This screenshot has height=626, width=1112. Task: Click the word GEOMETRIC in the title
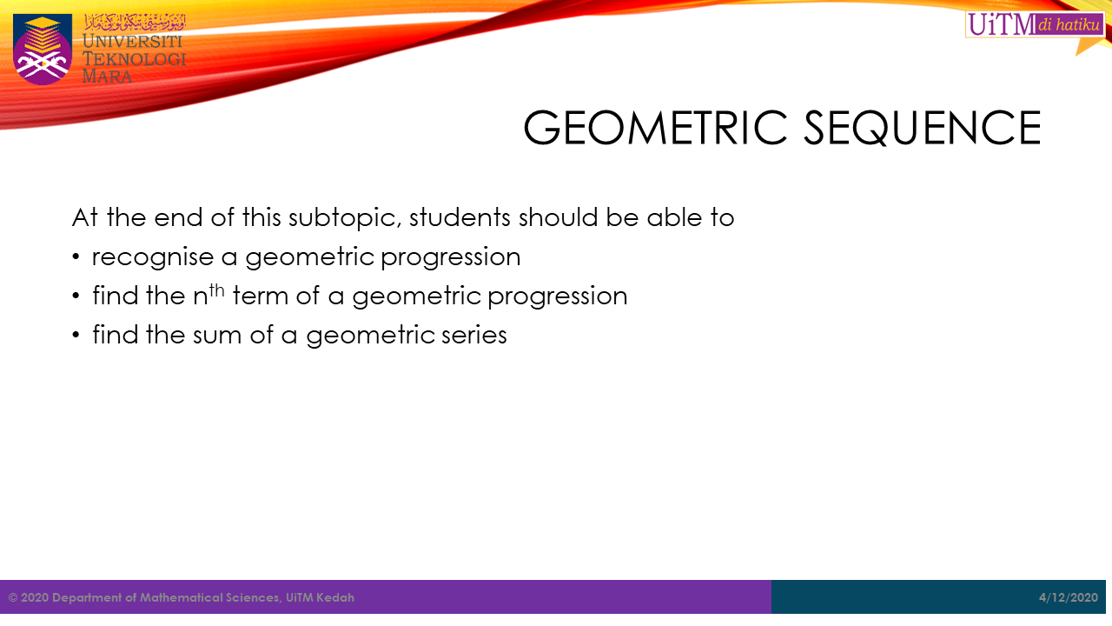[x=655, y=128]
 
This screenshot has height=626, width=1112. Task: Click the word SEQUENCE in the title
[x=922, y=128]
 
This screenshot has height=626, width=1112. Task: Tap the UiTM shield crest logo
[x=43, y=49]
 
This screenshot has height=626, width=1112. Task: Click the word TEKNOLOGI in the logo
[x=134, y=59]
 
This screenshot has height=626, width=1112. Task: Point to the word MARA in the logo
[x=107, y=77]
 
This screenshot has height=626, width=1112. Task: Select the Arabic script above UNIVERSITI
[x=135, y=23]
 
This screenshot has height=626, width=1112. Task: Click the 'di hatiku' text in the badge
[x=1069, y=24]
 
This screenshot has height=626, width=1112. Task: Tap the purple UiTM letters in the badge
[x=1002, y=24]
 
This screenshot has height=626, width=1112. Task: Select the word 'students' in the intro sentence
[x=460, y=217]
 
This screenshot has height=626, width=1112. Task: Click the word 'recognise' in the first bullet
[x=153, y=257]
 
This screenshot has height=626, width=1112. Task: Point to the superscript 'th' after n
[x=216, y=290]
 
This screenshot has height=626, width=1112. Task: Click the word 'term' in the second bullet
[x=261, y=296]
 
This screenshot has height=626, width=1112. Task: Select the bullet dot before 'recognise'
[x=76, y=256]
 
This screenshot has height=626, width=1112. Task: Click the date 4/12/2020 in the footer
[x=1069, y=597]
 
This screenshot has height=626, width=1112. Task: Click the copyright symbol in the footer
[x=13, y=597]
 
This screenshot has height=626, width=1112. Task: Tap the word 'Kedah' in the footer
[x=335, y=597]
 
